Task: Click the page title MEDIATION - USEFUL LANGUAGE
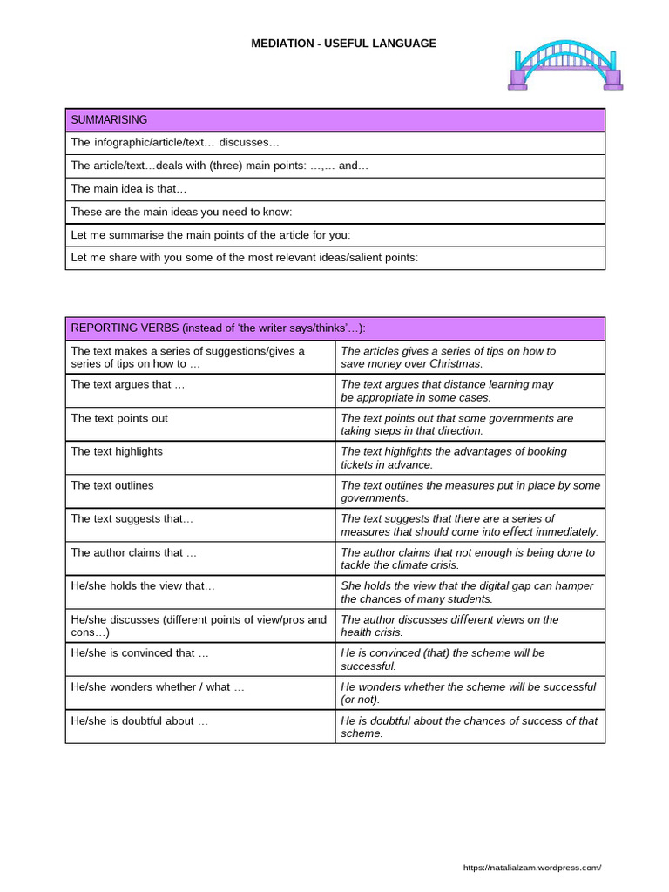[x=343, y=43]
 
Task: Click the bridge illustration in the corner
[x=564, y=64]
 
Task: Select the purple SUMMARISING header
[x=334, y=120]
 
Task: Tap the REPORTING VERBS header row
[x=334, y=328]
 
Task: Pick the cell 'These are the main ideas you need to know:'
[x=181, y=212]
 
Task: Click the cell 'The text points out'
[x=119, y=418]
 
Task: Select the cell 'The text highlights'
[x=117, y=451]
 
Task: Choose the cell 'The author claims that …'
[x=134, y=552]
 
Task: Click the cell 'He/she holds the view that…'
[x=143, y=586]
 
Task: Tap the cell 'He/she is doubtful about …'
[x=139, y=721]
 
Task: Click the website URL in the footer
[x=531, y=868]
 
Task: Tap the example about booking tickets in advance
[x=453, y=458]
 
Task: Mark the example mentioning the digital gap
[x=466, y=592]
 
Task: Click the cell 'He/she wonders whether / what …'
[x=158, y=687]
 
